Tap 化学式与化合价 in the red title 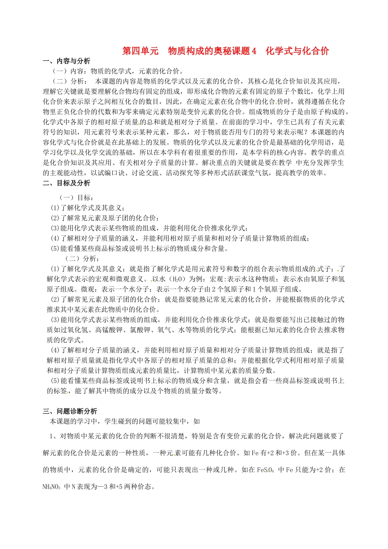coord(297,51)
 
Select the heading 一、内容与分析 coord(67,61)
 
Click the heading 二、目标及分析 coord(67,183)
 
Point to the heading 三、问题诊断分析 coord(70,411)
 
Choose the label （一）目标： coord(77,198)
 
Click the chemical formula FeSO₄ coord(265,470)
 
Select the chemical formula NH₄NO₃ coord(51,487)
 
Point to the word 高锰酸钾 coord(109,330)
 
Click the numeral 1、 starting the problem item coord(53,436)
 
